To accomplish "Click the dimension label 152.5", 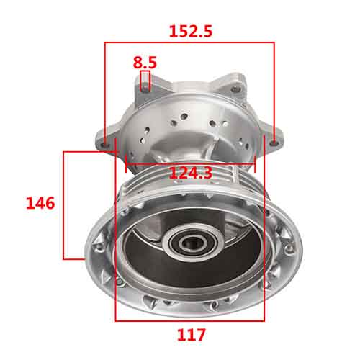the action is pos(191,31).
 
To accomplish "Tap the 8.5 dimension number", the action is pos(145,63).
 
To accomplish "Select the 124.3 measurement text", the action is pos(191,173).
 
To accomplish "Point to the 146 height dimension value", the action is pos(40,203).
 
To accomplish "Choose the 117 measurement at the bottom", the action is pos(192,335).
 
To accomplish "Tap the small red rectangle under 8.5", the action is pos(145,81).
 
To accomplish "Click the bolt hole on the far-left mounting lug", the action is pos(105,145).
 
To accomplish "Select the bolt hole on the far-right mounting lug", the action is pos(274,143).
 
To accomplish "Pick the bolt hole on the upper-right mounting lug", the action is pos(235,90).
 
